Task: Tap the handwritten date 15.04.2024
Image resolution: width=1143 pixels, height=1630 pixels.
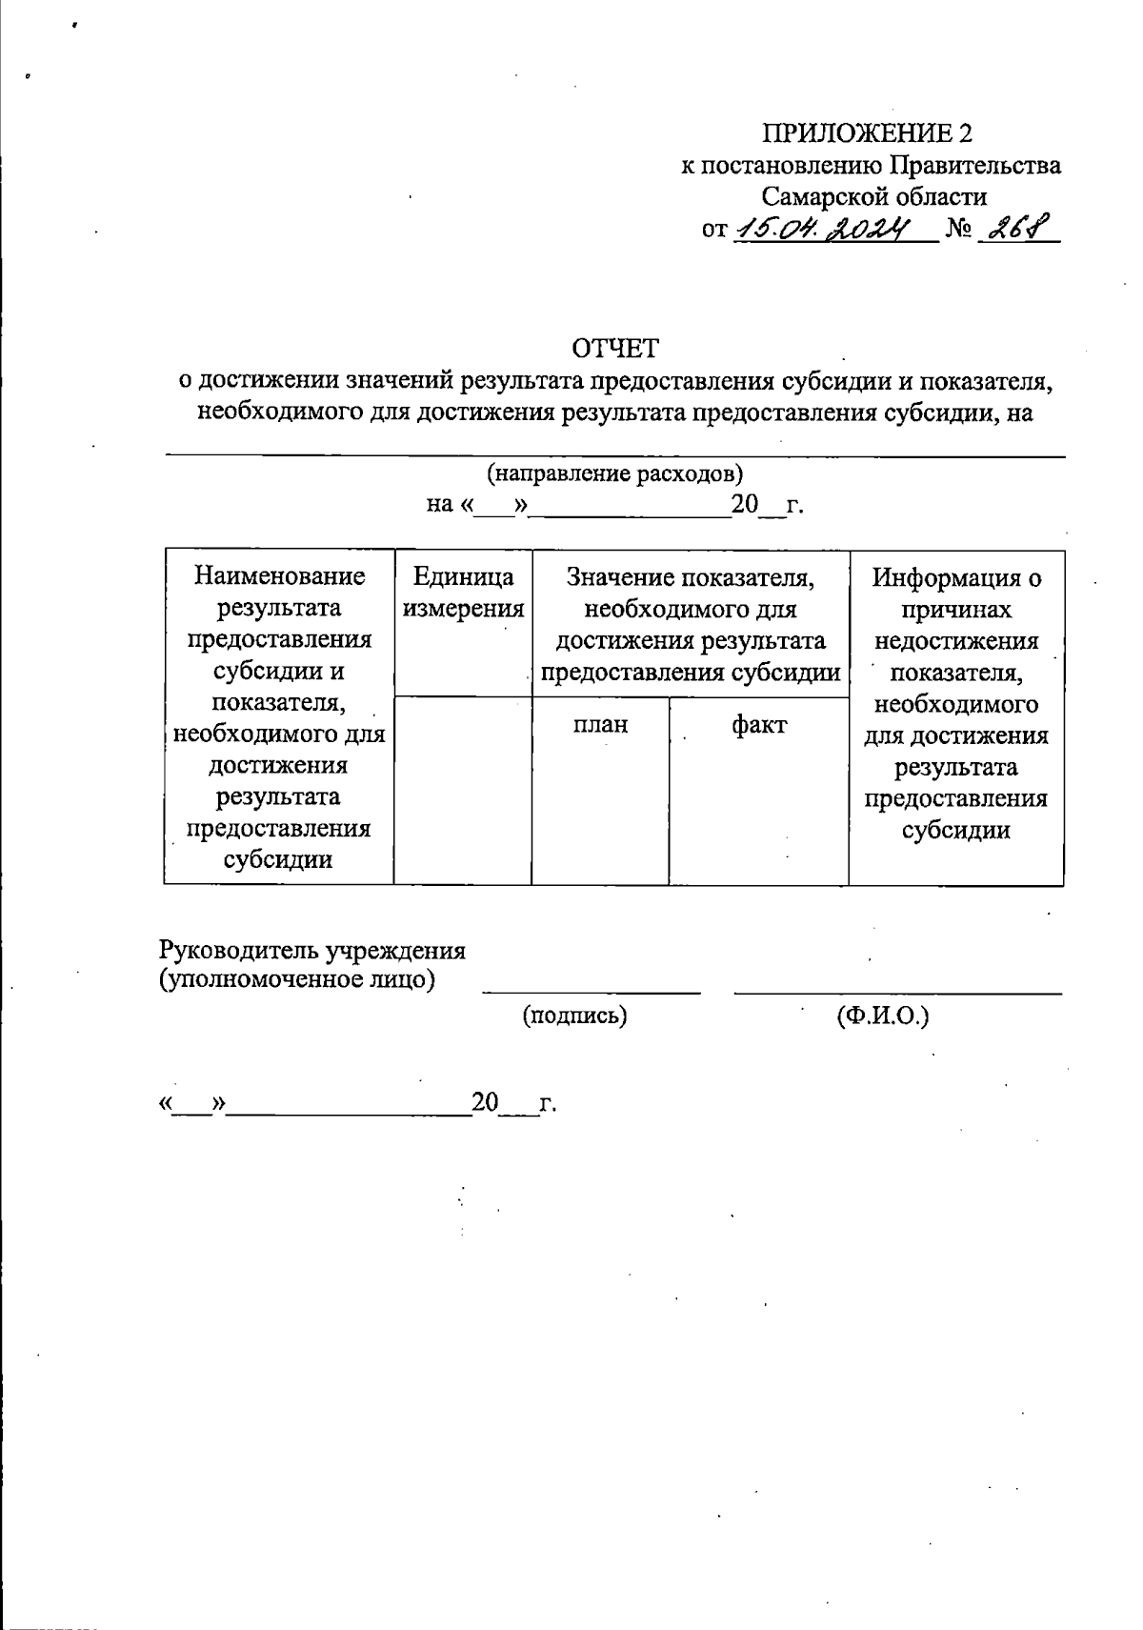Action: pos(824,229)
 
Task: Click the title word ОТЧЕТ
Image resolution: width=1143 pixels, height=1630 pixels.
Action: pos(614,348)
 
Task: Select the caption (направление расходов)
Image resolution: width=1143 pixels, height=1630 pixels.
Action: pos(614,473)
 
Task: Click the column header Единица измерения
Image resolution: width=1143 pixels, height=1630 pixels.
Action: pos(463,592)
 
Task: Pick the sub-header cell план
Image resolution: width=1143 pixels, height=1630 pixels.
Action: pos(600,725)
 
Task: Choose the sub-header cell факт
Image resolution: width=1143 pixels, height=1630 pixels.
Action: pos(759,725)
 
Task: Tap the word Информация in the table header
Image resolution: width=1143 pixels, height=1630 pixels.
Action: pos(956,577)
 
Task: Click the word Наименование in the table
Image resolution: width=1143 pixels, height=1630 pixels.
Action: pos(279,575)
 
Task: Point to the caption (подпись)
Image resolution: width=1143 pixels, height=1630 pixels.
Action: pos(574,1016)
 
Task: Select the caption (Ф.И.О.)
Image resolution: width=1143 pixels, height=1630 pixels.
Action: pos(883,1016)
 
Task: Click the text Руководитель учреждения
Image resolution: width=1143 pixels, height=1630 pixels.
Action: pos(311,950)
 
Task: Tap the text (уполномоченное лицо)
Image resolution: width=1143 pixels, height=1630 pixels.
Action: pos(296,979)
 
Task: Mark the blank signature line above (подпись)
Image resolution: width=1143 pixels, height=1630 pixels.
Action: pos(591,992)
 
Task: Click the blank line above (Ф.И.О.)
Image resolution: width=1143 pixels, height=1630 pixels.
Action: pos(897,992)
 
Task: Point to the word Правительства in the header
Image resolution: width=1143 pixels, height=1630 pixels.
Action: pos(975,166)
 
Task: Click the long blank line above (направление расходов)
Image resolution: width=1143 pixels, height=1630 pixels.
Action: pos(614,456)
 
